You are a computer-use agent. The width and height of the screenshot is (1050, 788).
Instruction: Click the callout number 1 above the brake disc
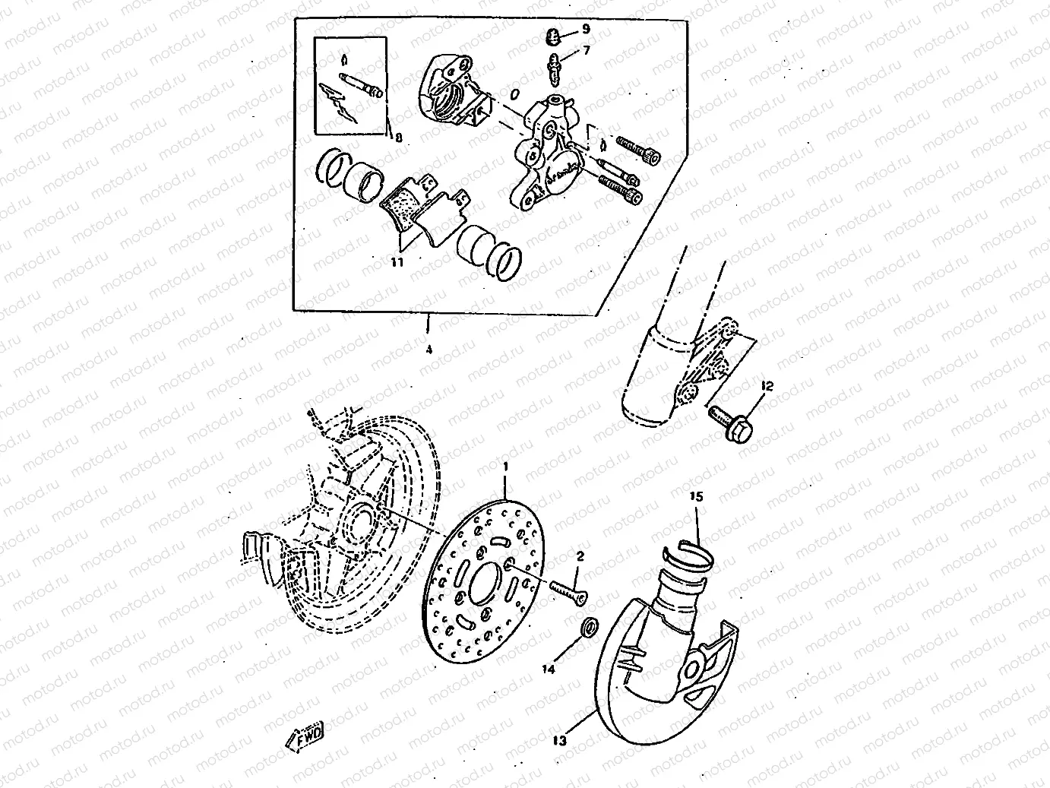[505, 464]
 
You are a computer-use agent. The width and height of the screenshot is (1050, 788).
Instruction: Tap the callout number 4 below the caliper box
[429, 350]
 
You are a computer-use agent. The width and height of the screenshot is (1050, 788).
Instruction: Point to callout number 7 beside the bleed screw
[586, 51]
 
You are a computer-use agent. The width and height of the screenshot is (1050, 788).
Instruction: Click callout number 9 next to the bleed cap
[586, 29]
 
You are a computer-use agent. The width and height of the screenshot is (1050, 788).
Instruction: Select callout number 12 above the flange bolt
[766, 387]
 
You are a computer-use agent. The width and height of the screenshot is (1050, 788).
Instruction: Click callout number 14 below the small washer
[549, 669]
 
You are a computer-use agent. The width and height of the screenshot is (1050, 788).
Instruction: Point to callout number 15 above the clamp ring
[697, 497]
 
